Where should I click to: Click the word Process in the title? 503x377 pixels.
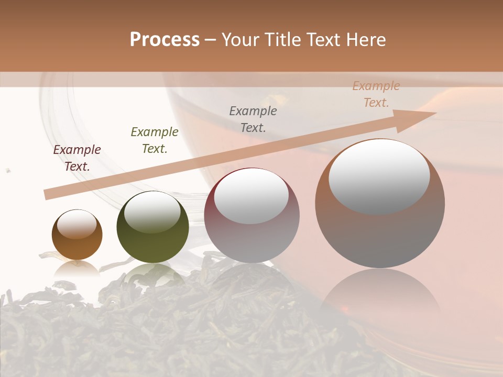(x=165, y=39)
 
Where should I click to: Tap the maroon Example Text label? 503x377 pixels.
(x=77, y=158)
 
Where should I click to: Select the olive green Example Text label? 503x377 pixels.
(x=155, y=140)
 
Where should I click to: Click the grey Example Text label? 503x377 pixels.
(x=253, y=119)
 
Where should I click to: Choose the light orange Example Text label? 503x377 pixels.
(x=376, y=94)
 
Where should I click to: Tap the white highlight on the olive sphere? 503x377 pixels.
(x=152, y=212)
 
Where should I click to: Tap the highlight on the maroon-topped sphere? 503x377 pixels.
(x=251, y=196)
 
